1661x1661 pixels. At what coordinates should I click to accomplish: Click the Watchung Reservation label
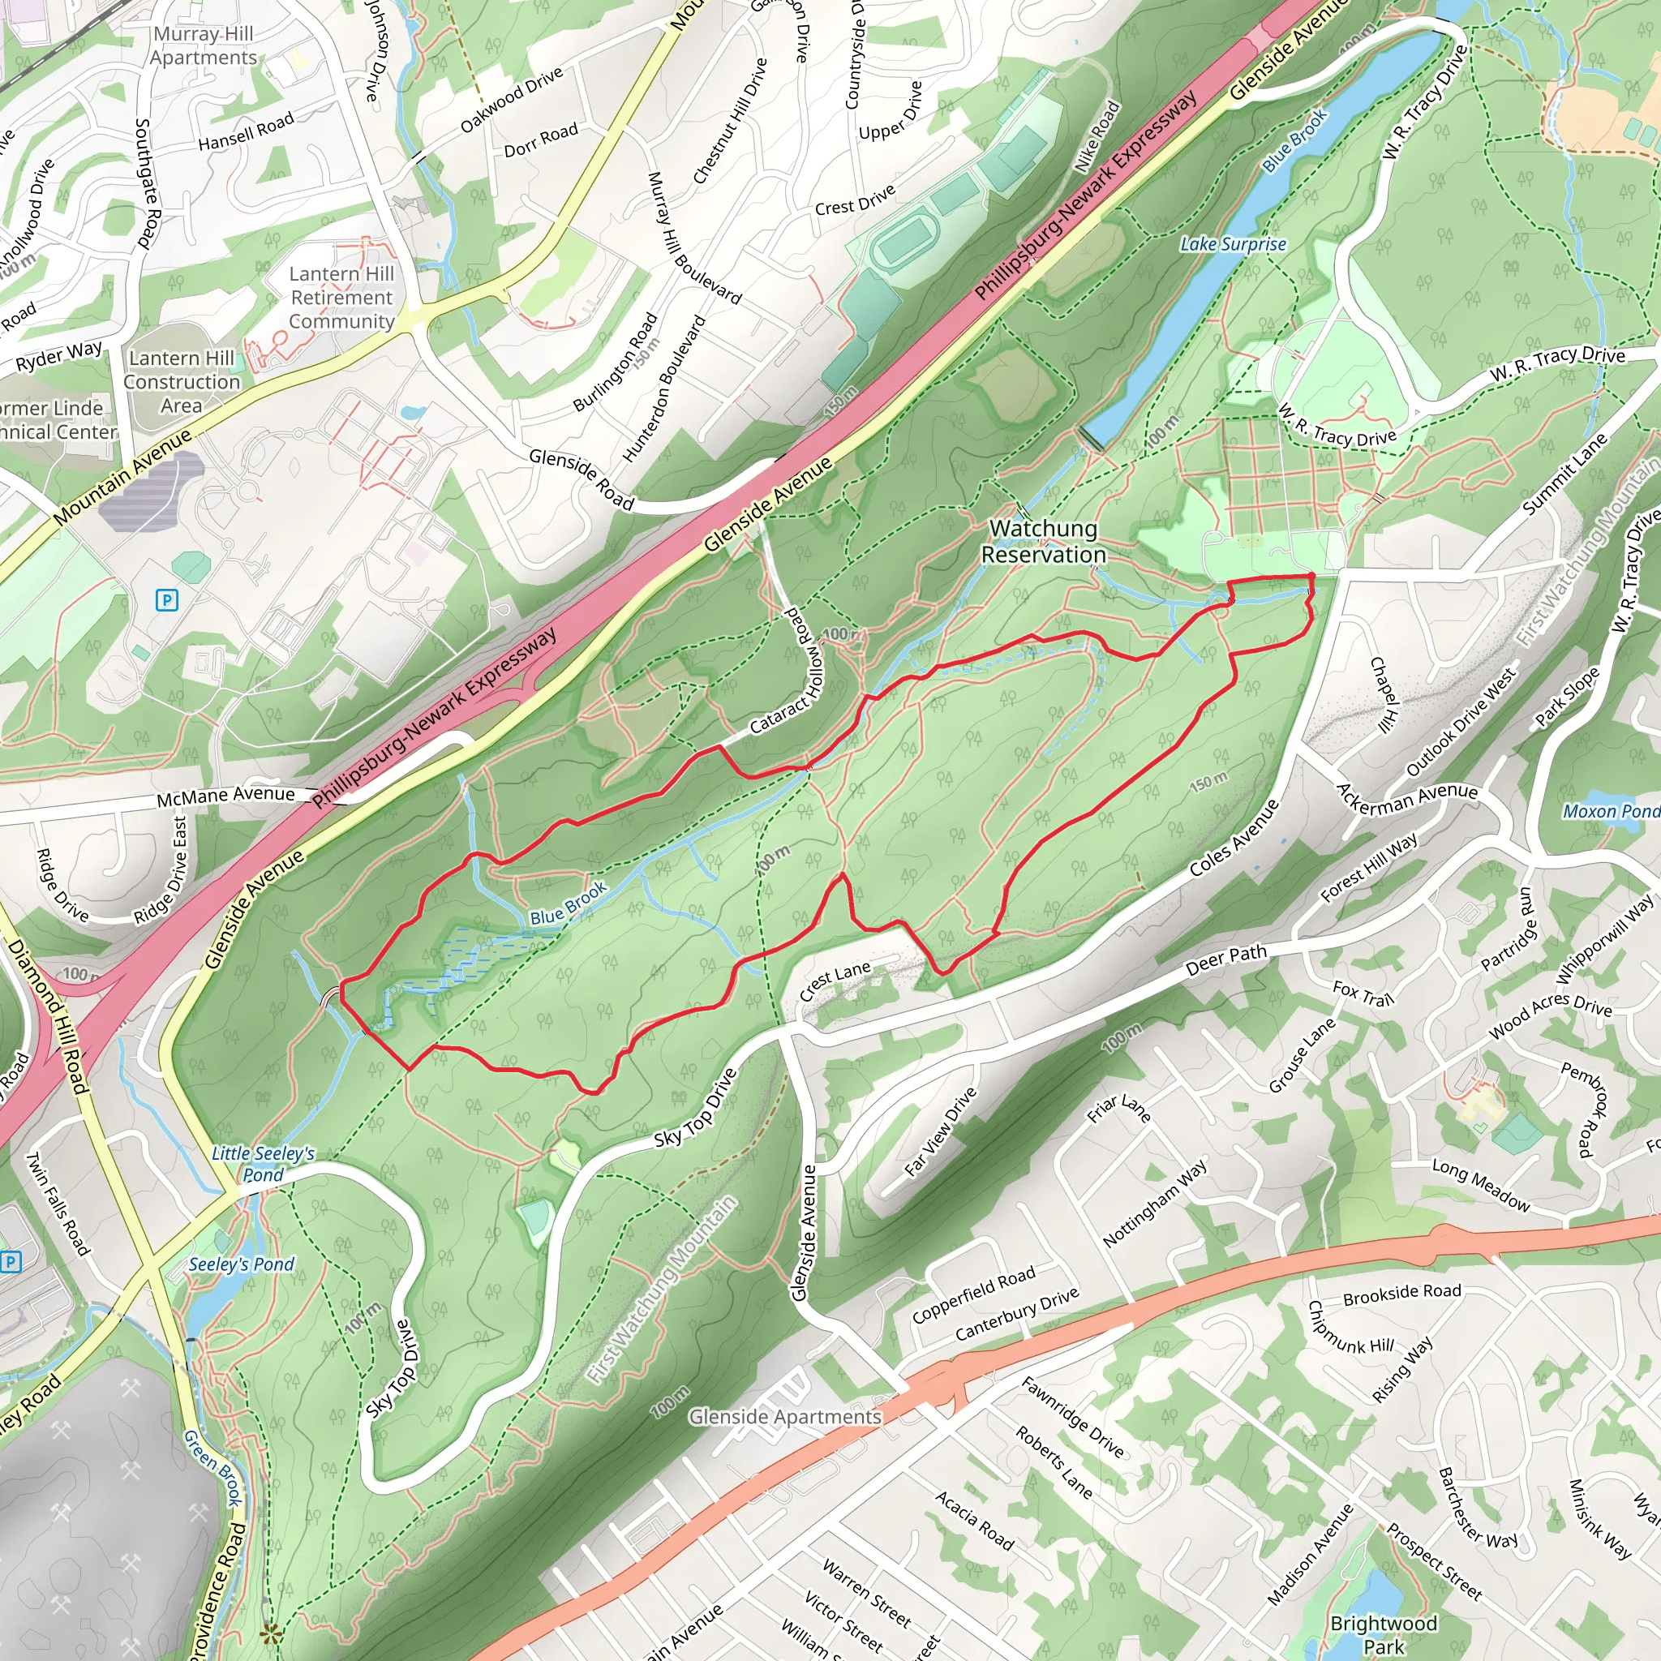click(x=1043, y=542)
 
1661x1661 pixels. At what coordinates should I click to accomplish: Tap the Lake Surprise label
click(x=1232, y=245)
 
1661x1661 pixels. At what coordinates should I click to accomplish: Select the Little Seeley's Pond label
click(x=263, y=1164)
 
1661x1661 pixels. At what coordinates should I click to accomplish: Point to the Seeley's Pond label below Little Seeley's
click(x=241, y=1264)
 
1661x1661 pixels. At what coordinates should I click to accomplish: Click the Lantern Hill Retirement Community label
click(x=341, y=298)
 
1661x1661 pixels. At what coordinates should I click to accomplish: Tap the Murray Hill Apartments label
click(x=204, y=45)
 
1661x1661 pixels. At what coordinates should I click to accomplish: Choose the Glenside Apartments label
click(x=784, y=1416)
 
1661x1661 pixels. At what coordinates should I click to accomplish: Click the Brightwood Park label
click(x=1384, y=1633)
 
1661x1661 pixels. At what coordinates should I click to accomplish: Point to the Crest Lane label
click(x=834, y=980)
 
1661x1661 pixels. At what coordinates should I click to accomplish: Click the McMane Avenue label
click(x=225, y=796)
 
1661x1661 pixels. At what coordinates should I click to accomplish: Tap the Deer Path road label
click(x=1225, y=959)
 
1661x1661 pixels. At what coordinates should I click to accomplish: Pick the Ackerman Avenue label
click(x=1406, y=798)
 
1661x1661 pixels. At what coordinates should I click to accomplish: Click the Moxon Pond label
click(x=1610, y=811)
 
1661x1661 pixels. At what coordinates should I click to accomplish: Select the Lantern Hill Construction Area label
click(x=182, y=381)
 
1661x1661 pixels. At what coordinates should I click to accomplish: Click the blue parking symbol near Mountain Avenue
click(x=167, y=600)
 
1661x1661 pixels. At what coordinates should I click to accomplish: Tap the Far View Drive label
click(x=941, y=1131)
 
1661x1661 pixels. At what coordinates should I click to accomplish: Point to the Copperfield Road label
click(x=973, y=1294)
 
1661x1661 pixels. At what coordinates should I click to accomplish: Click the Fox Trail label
click(x=1363, y=994)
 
